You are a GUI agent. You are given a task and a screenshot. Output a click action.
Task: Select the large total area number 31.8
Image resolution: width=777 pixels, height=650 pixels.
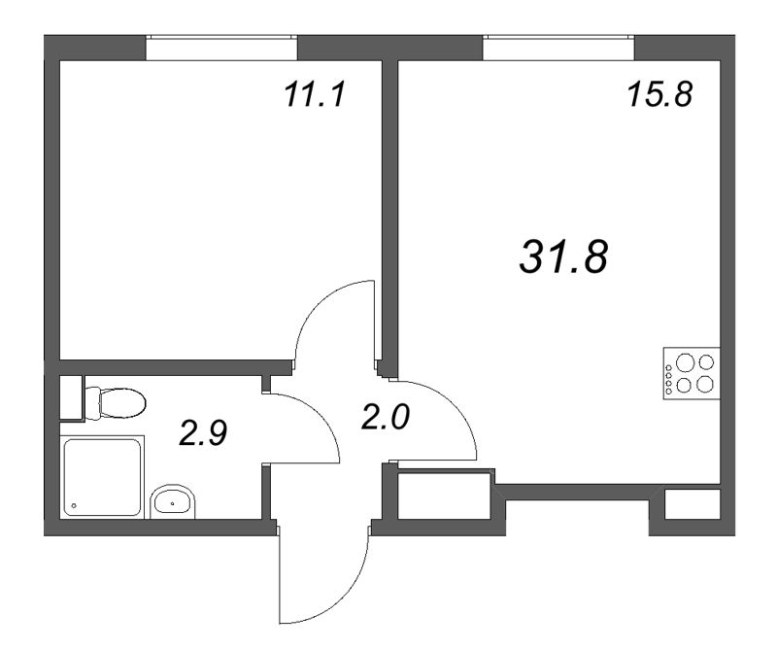(x=564, y=257)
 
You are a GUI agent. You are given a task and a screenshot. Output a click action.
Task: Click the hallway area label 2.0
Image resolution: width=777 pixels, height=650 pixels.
(x=387, y=419)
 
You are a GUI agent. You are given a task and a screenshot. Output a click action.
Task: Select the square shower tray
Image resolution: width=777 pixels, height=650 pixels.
(x=103, y=477)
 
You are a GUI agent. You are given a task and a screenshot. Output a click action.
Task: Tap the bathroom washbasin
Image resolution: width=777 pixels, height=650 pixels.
(x=173, y=502)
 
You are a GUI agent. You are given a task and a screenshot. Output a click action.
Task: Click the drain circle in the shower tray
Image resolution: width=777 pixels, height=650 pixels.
(x=75, y=506)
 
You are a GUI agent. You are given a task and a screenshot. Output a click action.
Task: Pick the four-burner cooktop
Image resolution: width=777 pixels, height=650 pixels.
(x=691, y=373)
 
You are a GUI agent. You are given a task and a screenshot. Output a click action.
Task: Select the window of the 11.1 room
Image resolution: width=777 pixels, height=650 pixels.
(x=221, y=47)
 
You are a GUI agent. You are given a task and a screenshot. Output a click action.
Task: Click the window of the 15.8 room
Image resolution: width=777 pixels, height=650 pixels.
(x=558, y=47)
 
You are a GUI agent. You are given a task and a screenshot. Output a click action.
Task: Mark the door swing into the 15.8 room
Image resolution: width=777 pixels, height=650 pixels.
(x=437, y=418)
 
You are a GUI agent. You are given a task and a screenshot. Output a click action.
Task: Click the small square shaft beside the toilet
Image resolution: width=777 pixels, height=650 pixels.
(x=70, y=396)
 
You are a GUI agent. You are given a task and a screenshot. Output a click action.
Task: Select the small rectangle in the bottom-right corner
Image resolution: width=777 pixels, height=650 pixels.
(x=692, y=503)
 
